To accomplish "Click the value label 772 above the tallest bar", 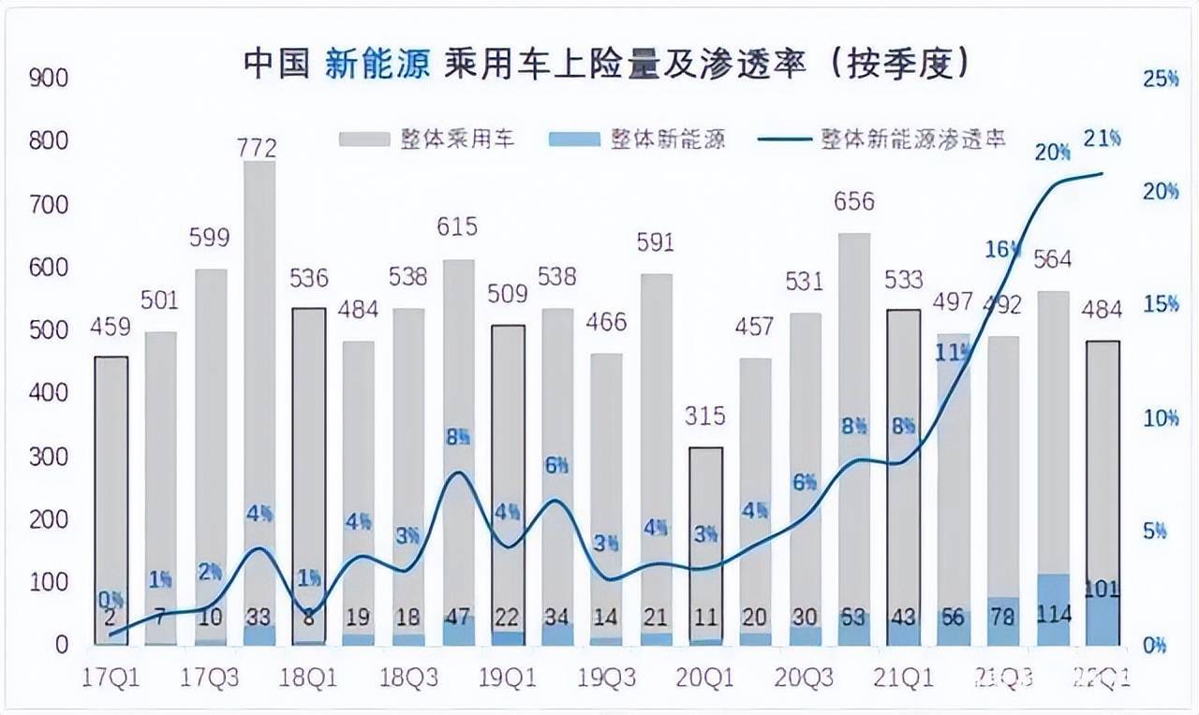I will (259, 148).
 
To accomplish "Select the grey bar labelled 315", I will (705, 543).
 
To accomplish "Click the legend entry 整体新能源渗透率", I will (913, 139).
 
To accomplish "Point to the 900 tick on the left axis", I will (50, 78).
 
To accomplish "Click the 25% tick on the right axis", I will (1161, 79).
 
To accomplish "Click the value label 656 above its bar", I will (853, 201).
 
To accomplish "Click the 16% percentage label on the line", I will (1001, 249).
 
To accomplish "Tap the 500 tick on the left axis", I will (50, 330).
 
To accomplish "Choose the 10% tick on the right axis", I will (1159, 418).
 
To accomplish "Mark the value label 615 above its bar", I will (458, 226).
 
